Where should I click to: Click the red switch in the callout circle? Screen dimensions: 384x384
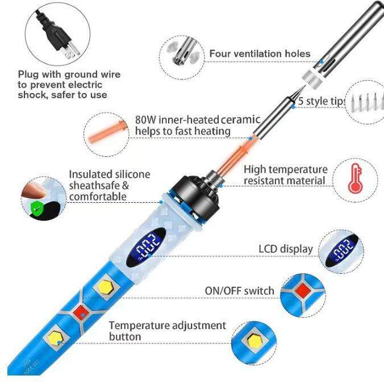300,291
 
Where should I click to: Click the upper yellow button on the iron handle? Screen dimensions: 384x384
106,286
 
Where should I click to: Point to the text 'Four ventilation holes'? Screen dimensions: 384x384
260,54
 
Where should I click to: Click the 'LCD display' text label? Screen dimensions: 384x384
285,249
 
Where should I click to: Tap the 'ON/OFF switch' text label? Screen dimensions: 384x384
239,291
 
